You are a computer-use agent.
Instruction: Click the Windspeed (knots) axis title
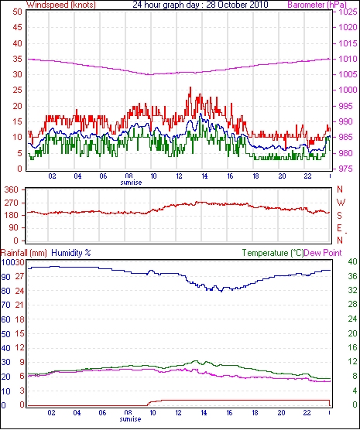click(61, 5)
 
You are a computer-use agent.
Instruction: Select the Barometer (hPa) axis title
click(317, 5)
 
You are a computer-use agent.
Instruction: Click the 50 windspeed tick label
click(17, 12)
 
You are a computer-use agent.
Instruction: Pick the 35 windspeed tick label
click(17, 59)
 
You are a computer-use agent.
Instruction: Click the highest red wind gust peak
click(190, 87)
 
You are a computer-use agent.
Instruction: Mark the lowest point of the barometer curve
click(149, 74)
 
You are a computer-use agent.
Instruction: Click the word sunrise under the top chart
click(131, 183)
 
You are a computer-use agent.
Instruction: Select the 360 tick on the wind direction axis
click(12, 189)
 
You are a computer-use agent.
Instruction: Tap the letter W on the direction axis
click(341, 203)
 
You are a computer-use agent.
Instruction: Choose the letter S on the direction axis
click(339, 216)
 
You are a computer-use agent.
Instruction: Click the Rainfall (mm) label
click(24, 253)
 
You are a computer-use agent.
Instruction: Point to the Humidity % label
click(71, 253)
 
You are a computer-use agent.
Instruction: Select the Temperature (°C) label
click(273, 253)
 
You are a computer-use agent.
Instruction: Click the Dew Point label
click(323, 253)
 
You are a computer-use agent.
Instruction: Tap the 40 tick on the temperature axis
click(352, 261)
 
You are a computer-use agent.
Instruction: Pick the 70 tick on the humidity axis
click(5, 305)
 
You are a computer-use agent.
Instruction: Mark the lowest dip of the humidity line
click(221, 292)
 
